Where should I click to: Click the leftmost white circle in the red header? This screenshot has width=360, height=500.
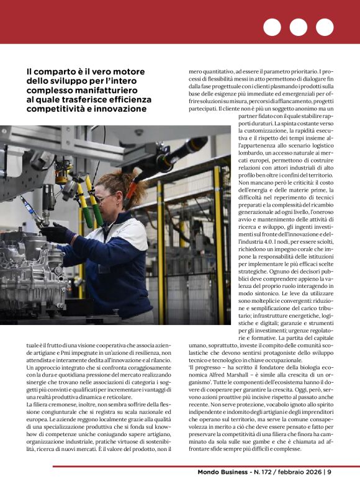[x=272, y=27]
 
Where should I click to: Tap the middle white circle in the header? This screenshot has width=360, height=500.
[x=299, y=27]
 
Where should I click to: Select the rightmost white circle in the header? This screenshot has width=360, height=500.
[x=325, y=27]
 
